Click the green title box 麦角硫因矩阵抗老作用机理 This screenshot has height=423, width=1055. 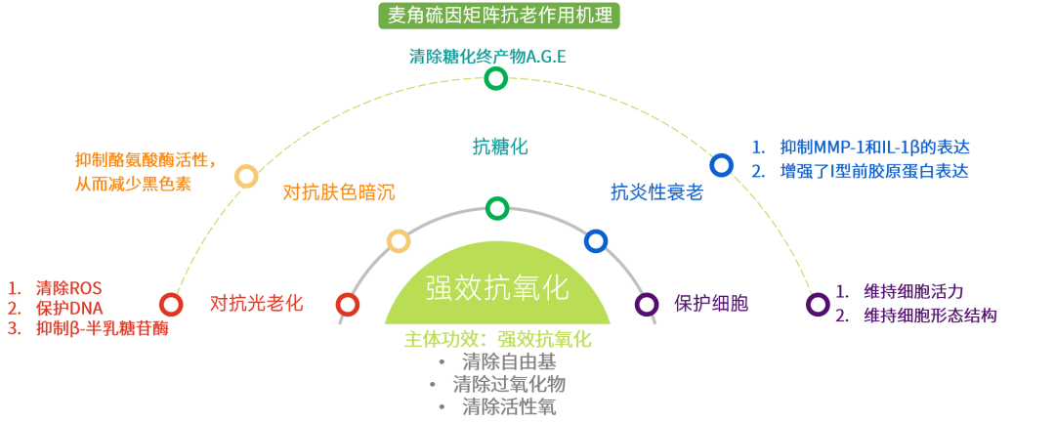pos(498,16)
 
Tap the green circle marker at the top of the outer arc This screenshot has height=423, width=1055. pos(496,78)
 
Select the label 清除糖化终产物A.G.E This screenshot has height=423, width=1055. pos(487,56)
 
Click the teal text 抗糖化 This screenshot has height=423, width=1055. pos(499,147)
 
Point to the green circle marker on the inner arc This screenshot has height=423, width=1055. pos(497,208)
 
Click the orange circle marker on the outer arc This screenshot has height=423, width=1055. pos(246,176)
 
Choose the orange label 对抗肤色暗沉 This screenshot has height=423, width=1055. pos(338,192)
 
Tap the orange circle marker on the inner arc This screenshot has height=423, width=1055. pos(399,240)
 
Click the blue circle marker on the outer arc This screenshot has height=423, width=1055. pos(721,165)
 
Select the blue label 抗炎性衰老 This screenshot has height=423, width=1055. pos(656,192)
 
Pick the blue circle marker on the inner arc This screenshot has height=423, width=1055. pos(596,240)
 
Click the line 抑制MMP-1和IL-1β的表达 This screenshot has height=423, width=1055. pos(874,148)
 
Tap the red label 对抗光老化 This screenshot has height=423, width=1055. pos(256,303)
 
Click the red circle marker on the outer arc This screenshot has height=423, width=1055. pos(171,304)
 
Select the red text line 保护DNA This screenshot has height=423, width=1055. pos(68,309)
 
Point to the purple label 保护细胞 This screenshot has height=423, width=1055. pos(710,303)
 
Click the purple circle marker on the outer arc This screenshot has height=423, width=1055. pos(818,304)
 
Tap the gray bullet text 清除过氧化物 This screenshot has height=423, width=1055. pos(508,383)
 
